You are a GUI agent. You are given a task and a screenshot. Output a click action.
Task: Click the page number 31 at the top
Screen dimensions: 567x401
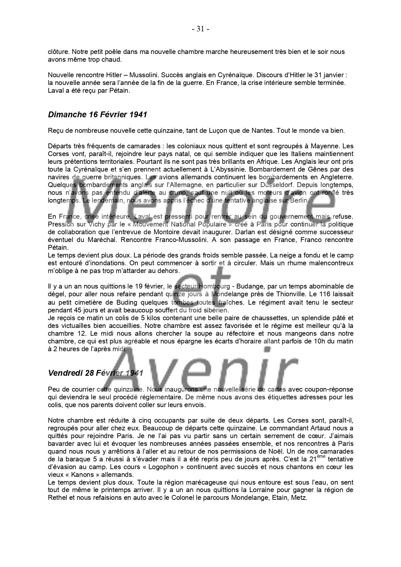(200, 29)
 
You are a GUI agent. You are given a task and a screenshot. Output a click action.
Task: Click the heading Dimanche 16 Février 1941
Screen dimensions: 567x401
(97, 115)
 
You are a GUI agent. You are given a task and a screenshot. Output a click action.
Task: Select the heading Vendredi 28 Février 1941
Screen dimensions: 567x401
(95, 373)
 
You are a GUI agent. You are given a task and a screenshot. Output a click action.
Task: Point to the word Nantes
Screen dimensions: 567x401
(262, 131)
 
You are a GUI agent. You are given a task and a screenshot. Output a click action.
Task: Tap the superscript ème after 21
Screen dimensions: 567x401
(321, 457)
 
